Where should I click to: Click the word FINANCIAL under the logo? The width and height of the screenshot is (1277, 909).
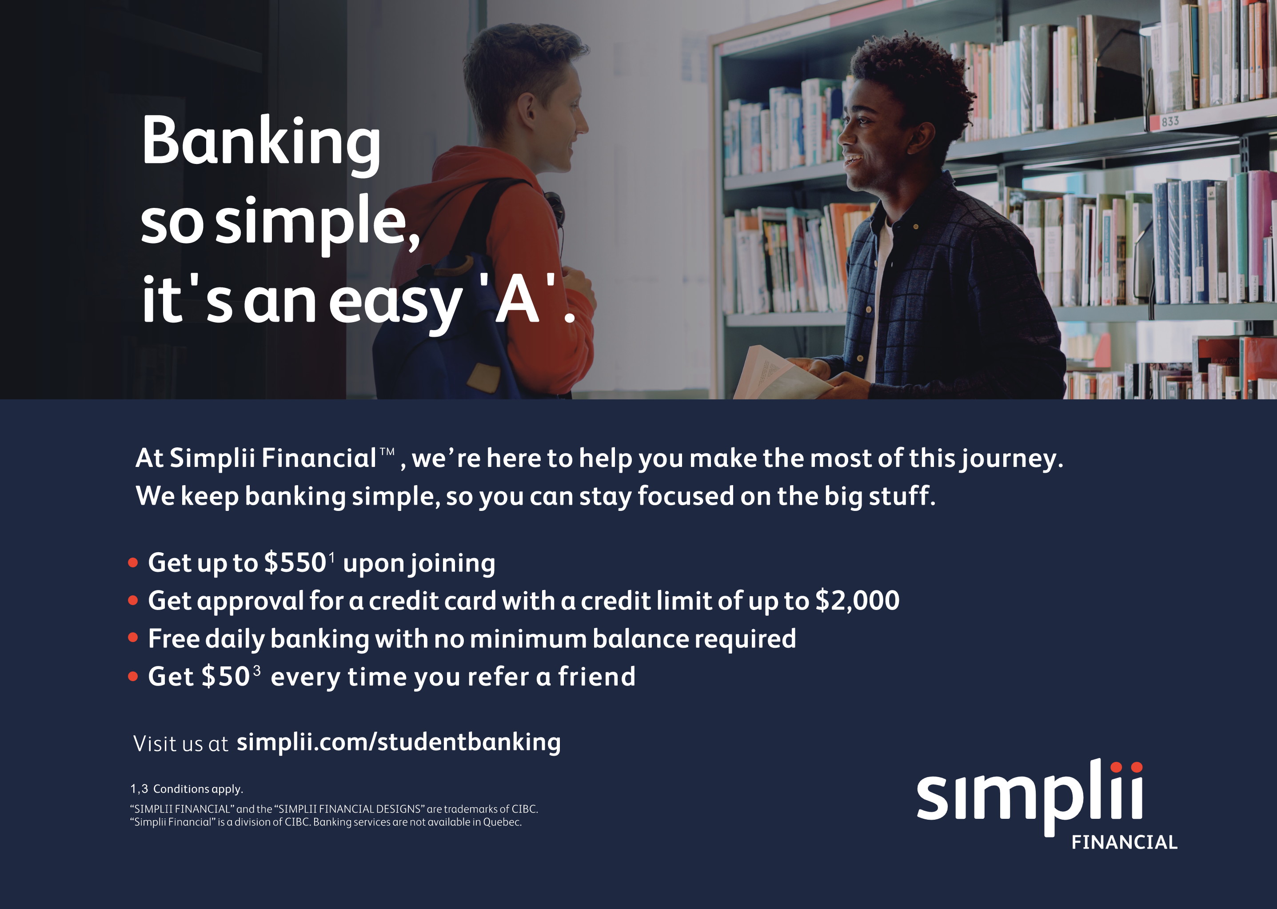click(x=1124, y=842)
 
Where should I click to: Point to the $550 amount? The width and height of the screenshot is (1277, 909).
click(x=295, y=562)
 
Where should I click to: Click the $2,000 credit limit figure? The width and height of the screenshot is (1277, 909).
click(x=857, y=600)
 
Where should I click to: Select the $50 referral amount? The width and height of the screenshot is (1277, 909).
click(x=225, y=676)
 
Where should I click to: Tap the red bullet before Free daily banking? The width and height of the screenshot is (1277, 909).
click(x=133, y=638)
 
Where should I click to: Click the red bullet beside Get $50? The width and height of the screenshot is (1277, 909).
click(x=133, y=676)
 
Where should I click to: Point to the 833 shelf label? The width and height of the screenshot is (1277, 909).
click(x=1169, y=121)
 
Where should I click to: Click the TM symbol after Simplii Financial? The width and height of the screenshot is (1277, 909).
click(x=387, y=451)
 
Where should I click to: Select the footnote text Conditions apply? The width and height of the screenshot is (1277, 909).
click(x=198, y=789)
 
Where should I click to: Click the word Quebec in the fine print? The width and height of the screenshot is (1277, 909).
click(x=502, y=822)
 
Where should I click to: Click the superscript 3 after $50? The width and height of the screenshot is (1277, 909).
click(x=256, y=670)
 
